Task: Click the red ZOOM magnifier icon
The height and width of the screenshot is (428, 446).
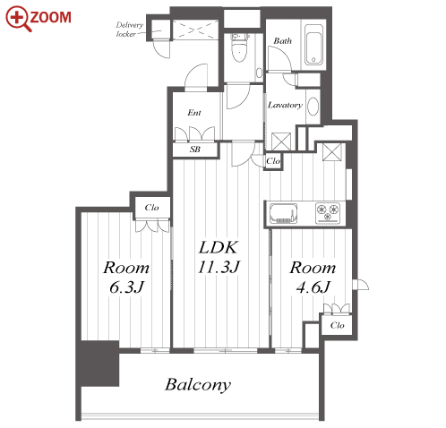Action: (x=18, y=19)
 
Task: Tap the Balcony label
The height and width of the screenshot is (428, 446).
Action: (x=198, y=385)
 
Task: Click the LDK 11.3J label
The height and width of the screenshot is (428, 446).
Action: (x=219, y=257)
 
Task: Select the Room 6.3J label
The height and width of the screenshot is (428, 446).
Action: (x=126, y=278)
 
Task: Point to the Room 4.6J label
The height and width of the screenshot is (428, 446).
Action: (x=313, y=278)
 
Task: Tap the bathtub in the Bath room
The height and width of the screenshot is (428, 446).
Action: (x=313, y=45)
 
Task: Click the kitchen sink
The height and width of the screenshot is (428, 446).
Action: (x=283, y=213)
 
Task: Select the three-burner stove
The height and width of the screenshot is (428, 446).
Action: (x=328, y=213)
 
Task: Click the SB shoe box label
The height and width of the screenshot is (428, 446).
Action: (x=195, y=150)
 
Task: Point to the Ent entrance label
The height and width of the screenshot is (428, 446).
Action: (x=194, y=113)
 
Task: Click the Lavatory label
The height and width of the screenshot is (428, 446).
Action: (x=285, y=105)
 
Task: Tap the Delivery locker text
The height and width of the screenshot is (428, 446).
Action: (x=130, y=30)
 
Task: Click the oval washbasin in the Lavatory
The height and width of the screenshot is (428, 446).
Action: (x=313, y=107)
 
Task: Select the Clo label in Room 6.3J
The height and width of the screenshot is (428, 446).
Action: (x=151, y=208)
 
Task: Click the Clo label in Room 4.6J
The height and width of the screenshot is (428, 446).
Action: (x=338, y=325)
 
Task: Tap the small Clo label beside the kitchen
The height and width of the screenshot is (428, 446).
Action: (x=273, y=161)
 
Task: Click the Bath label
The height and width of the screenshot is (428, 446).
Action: (x=282, y=41)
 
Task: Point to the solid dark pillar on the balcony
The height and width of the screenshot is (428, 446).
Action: (x=100, y=364)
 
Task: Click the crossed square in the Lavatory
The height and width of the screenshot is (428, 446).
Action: (x=281, y=141)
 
